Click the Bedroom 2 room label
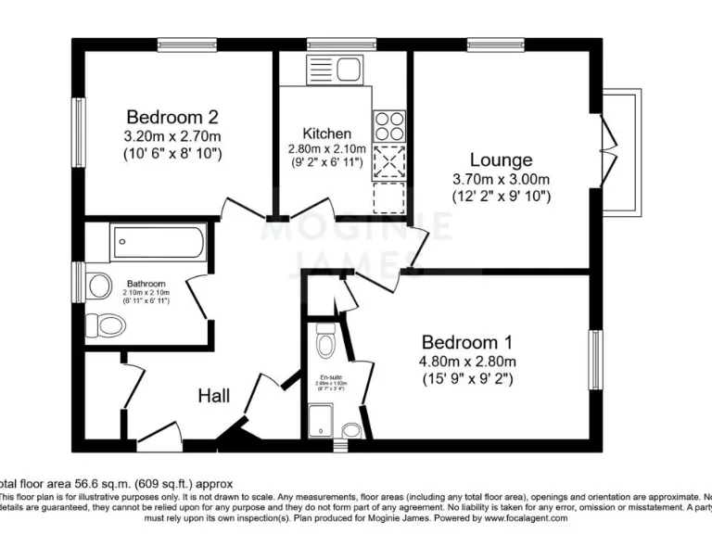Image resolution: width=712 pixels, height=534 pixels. coord(172,117)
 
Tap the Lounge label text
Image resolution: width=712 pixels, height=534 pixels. coord(501,159)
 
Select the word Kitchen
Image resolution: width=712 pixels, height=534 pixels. coord(326,133)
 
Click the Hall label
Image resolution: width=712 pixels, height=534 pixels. coord(214,396)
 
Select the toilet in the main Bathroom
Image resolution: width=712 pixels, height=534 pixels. coord(107,325)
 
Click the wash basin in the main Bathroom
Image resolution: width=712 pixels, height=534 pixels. coord(99,285)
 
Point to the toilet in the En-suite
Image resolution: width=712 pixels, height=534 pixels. coord(324,345)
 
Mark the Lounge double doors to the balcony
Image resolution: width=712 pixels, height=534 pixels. coord(608,152)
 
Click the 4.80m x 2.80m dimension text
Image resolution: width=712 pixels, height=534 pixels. coord(468,362)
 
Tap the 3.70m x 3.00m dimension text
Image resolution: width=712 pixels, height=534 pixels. coord(501,179)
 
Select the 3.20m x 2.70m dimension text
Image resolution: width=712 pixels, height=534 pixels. coord(172,136)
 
